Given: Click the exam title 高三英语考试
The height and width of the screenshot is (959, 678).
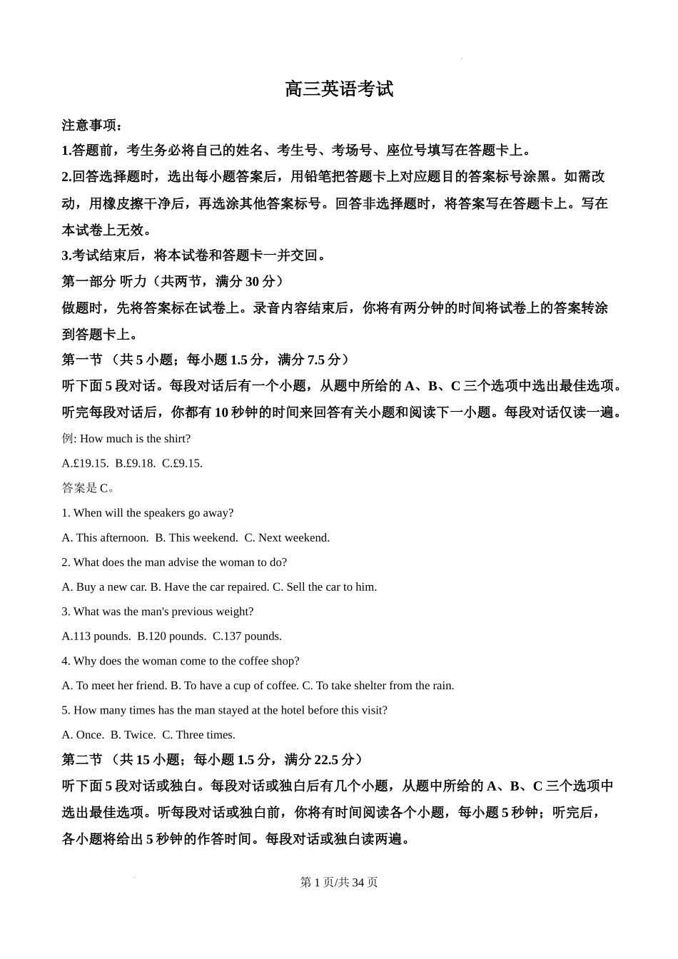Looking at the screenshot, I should (x=339, y=89).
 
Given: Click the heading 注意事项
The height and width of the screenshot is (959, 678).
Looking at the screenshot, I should (x=91, y=126).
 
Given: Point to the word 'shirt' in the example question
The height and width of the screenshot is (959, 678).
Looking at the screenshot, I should (x=175, y=438).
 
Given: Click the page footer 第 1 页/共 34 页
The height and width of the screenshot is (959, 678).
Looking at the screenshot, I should (x=339, y=882).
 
